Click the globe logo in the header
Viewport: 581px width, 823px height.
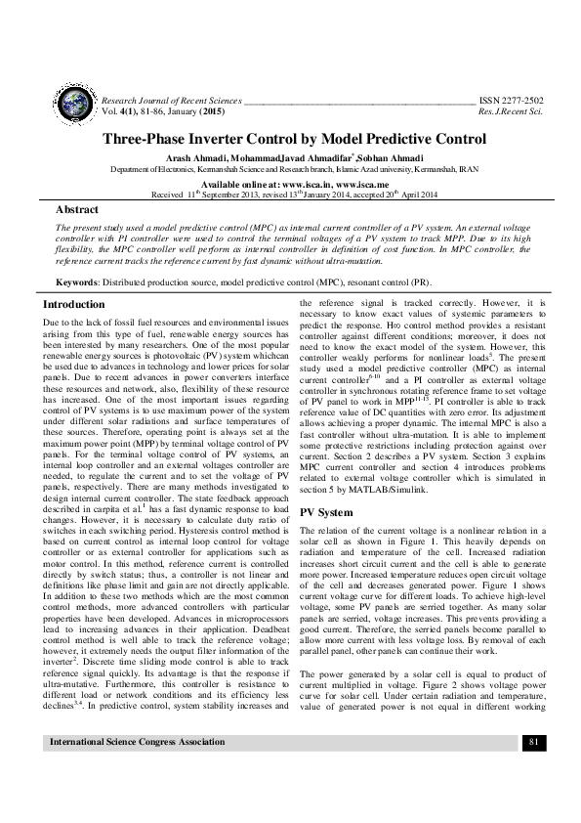coord(72,106)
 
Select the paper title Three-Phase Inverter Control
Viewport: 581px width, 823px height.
coord(290,139)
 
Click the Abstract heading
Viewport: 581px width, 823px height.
coord(77,209)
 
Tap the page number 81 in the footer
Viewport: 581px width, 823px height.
coord(533,798)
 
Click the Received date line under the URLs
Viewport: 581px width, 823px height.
coord(290,194)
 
